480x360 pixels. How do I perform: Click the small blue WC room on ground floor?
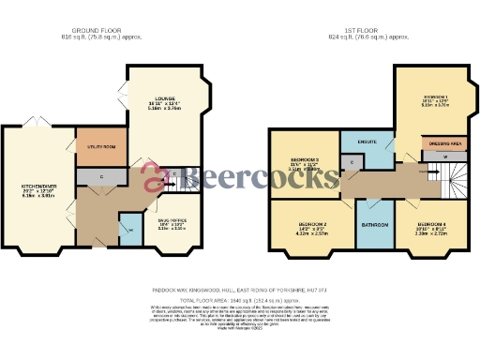point(128,225)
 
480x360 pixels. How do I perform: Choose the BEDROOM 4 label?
point(432,225)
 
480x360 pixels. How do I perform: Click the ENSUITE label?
point(367,142)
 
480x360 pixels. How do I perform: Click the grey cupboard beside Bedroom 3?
point(352,163)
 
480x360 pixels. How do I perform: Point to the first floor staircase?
point(455,175)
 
